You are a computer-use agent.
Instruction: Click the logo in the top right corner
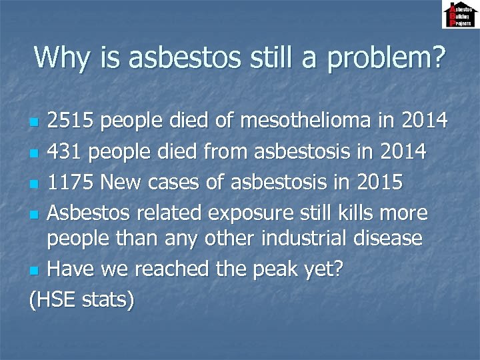click(460, 15)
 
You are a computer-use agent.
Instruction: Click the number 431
click(65, 152)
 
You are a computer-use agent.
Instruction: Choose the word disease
click(383, 238)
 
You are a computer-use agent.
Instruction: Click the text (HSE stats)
click(81, 299)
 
